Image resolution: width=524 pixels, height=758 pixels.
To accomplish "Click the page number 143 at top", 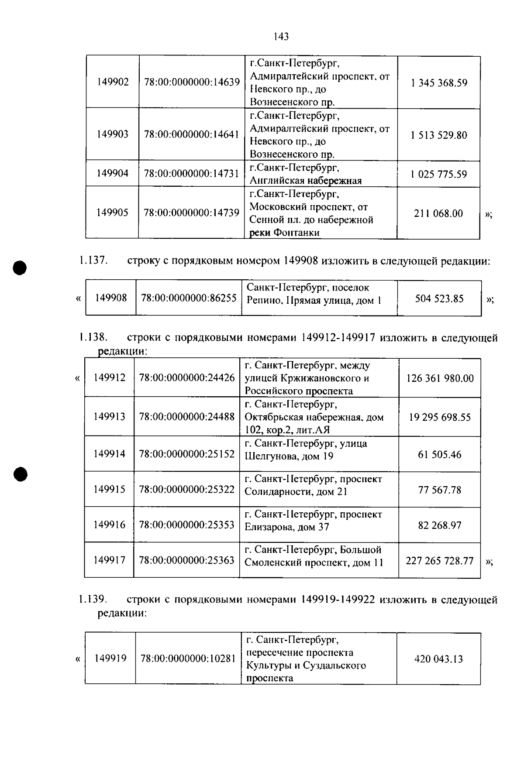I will pos(281,37).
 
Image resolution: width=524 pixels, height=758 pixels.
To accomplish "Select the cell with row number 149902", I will pos(113,82).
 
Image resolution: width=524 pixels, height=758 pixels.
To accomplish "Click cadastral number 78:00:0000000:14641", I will pos(192,134).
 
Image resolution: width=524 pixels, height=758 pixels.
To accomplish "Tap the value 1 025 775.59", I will pos(438,174).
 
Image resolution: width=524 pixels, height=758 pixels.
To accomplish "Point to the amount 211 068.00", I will pos(438,213).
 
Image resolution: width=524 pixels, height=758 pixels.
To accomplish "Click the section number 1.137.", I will pos(93,261).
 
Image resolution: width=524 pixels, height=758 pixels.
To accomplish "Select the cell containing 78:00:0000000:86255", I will pos(189,298).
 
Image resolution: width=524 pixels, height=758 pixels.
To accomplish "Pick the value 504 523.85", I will pos(439,299).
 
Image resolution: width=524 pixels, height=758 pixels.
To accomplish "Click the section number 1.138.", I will pos(93,337).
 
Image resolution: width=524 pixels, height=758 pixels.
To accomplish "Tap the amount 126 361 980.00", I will pos(440,378).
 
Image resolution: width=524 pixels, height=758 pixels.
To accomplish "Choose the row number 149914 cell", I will pos(109,454).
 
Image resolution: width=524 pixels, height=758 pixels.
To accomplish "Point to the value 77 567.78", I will pos(439,490).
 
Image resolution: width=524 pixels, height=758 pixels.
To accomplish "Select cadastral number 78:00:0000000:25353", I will pos(187,525).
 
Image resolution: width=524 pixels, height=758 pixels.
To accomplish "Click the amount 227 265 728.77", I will pos(439,561).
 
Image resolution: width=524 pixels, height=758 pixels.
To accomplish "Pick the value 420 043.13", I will pos(438,659).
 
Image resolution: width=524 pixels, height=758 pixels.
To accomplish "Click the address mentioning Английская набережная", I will pos(306,174).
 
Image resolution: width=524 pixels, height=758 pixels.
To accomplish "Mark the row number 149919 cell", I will pos(110,658).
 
